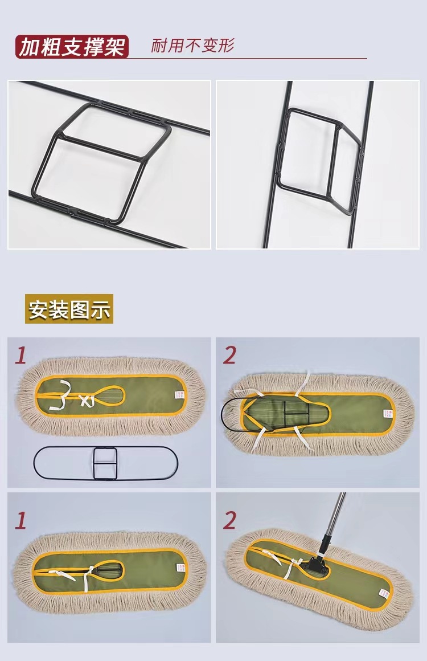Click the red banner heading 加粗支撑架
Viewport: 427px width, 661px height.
tap(72, 47)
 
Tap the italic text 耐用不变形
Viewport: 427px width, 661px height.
tap(192, 46)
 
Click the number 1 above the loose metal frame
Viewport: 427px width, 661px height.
tap(20, 356)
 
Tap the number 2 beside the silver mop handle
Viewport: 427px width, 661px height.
tap(229, 520)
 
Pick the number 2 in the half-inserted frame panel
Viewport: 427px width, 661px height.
tap(229, 356)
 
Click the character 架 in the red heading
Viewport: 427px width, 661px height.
tap(114, 47)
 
